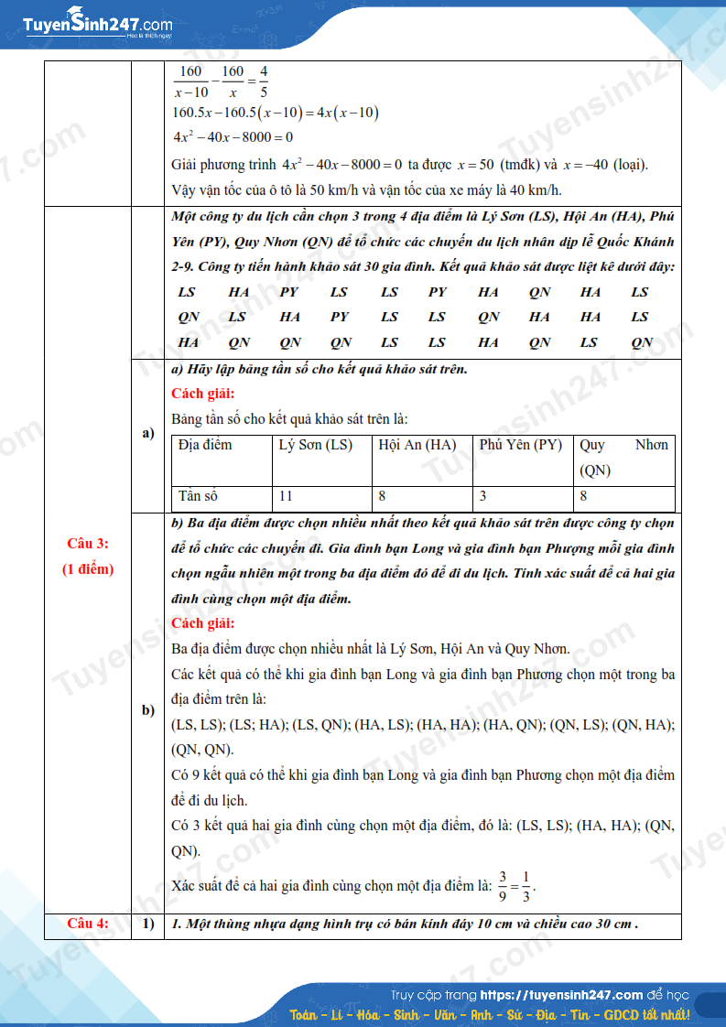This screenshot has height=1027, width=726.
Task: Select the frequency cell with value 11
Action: tap(287, 496)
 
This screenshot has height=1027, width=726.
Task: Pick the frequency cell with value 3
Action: tap(482, 496)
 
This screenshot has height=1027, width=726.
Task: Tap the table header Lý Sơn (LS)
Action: tap(315, 445)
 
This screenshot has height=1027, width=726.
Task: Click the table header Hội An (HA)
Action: tap(417, 445)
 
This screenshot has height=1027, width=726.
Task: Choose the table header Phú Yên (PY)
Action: tap(520, 445)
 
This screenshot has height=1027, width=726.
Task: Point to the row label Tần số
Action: tap(199, 496)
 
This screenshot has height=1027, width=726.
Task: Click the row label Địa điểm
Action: tap(205, 445)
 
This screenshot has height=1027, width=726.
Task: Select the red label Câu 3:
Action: tap(88, 544)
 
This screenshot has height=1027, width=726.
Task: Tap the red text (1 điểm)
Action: tap(88, 569)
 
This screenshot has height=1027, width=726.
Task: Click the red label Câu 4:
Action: tap(88, 923)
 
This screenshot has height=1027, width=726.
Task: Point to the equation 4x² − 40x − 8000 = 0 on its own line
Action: tap(233, 137)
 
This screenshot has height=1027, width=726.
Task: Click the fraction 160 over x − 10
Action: tap(191, 81)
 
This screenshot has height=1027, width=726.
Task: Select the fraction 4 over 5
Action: tap(264, 81)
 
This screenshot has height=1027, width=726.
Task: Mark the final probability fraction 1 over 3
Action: tap(526, 885)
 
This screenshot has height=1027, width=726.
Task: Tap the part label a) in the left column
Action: tap(147, 433)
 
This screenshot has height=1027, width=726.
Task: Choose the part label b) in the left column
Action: tap(147, 710)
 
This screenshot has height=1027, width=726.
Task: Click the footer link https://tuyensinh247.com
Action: tap(561, 995)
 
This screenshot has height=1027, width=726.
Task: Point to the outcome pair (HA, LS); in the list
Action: tap(384, 724)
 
